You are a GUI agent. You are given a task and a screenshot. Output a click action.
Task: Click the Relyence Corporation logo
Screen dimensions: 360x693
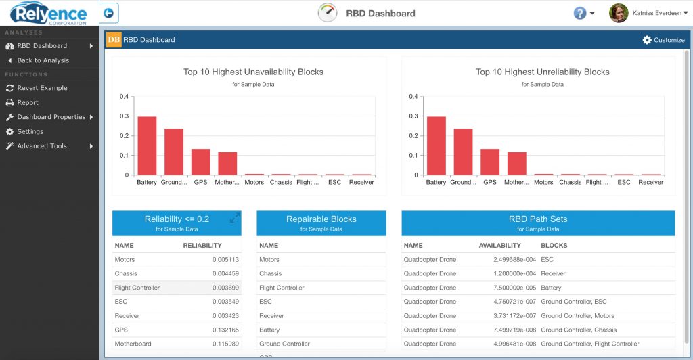pos(49,14)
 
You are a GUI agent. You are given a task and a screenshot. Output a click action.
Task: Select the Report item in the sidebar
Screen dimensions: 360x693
pos(28,103)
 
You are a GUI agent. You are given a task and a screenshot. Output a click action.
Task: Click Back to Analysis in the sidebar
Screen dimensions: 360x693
pos(43,60)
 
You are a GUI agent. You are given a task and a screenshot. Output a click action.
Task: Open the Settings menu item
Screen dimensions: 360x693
pos(30,131)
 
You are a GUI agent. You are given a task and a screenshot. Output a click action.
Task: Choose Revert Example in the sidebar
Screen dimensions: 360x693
pos(42,88)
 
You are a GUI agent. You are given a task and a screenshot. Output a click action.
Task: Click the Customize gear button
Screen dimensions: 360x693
pos(663,40)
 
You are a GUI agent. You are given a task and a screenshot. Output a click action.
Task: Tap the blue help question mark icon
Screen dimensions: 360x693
pos(579,14)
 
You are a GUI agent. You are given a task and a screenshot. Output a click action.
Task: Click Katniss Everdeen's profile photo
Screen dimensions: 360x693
pos(619,13)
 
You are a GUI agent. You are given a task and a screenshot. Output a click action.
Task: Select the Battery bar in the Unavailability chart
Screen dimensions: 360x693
pos(147,145)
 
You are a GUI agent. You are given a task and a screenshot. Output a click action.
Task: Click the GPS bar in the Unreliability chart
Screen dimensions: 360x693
pos(490,162)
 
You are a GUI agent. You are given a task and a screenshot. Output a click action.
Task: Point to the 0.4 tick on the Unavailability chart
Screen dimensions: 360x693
pos(124,97)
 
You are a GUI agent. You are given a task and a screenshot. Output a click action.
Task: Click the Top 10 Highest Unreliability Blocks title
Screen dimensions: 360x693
pos(542,72)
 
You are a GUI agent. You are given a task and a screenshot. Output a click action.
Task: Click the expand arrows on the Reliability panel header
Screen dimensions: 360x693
pos(235,218)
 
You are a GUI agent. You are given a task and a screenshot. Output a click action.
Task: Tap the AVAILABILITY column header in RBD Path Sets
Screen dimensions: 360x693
pos(499,246)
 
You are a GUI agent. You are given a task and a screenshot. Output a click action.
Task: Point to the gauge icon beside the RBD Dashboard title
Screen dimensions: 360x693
pos(328,13)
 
